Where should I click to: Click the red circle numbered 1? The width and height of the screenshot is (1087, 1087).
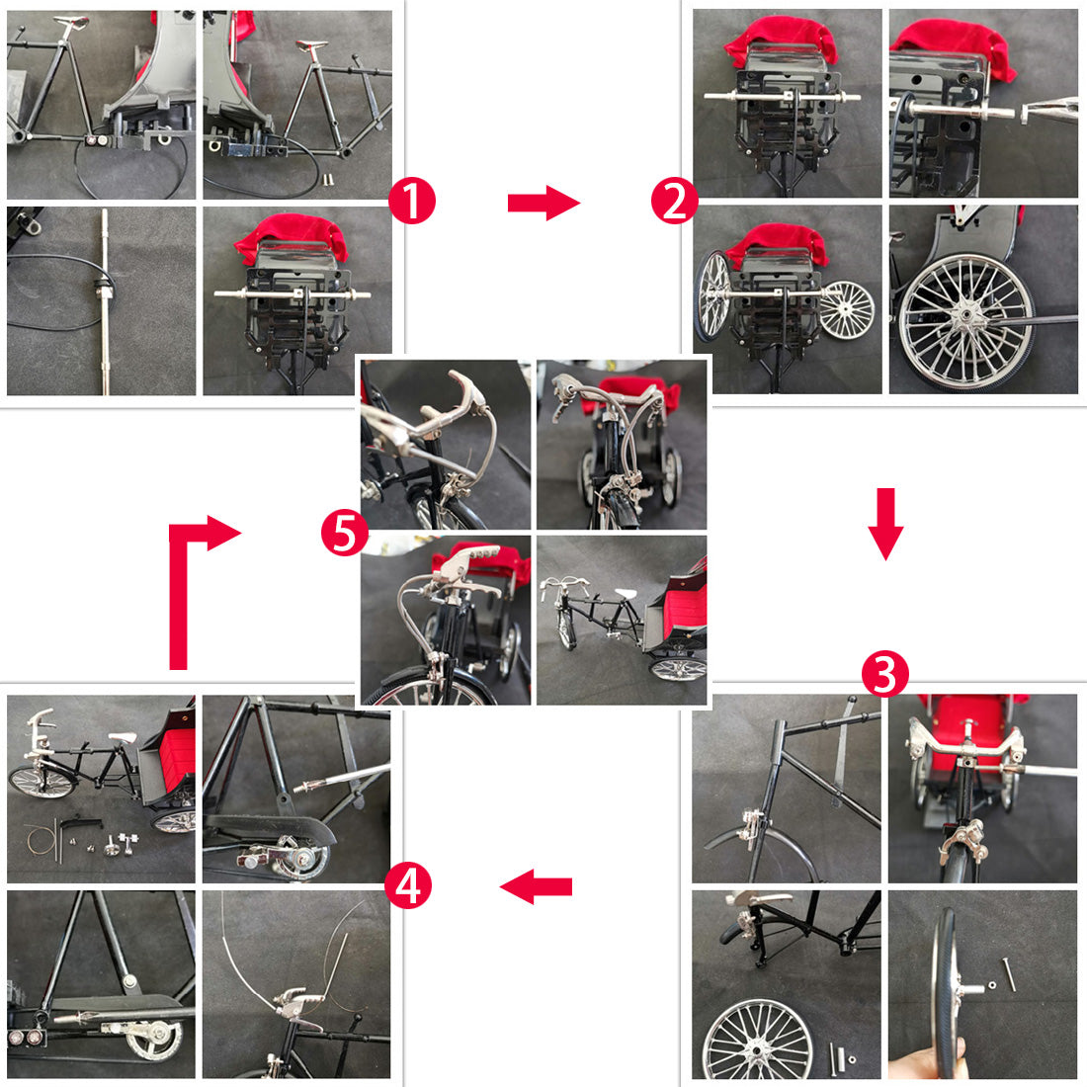(x=412, y=201)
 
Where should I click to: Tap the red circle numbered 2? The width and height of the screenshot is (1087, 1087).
(x=675, y=201)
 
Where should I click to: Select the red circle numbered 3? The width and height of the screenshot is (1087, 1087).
(x=884, y=674)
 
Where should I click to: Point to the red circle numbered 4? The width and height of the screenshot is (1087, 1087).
(x=407, y=885)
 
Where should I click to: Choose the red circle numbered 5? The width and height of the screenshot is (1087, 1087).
(x=345, y=533)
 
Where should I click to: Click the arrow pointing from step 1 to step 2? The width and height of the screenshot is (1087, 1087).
(x=543, y=203)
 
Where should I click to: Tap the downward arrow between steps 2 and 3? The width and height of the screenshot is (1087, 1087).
(x=886, y=524)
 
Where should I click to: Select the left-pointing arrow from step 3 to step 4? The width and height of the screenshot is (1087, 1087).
(x=536, y=886)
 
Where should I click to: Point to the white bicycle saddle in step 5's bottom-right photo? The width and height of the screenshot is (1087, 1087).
(x=626, y=594)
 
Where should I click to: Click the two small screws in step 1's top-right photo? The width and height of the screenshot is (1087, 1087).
(x=327, y=180)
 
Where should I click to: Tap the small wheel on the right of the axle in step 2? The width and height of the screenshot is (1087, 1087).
(x=846, y=308)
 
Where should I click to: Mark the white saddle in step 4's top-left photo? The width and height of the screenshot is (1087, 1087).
(x=122, y=738)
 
